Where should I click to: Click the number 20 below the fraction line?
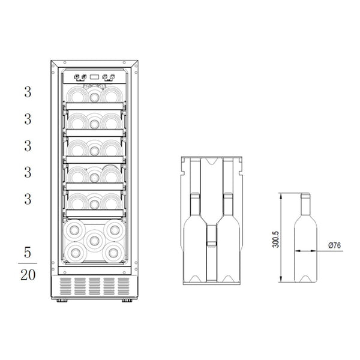tap(28, 275)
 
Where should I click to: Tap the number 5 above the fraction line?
tap(28, 253)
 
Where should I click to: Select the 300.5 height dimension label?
tap(275, 239)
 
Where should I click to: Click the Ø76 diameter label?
tap(335, 245)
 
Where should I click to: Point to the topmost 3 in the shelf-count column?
tap(28, 92)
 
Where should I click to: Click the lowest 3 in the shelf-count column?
tap(28, 199)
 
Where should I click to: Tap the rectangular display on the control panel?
tap(94, 77)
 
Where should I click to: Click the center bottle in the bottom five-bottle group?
tap(94, 241)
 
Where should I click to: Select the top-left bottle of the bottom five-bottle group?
tap(74, 230)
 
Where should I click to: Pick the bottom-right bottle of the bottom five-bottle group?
tap(113, 253)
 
